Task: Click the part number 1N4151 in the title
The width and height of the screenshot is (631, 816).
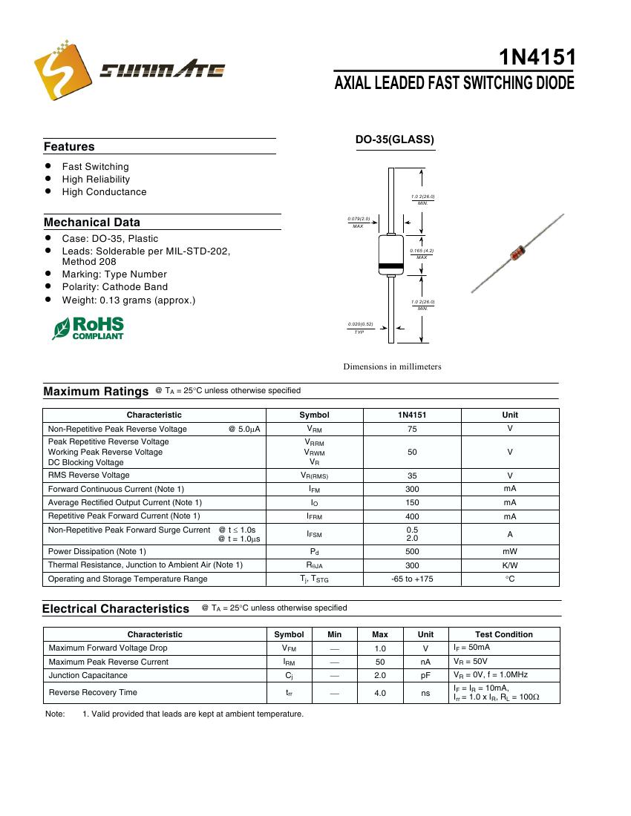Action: point(537,58)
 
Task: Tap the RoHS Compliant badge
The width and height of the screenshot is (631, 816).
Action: point(88,328)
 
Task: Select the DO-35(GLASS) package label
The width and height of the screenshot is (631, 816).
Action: point(394,139)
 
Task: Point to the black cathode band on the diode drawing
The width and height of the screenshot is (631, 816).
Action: point(390,265)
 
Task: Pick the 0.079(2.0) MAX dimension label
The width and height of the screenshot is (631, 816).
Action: point(359,222)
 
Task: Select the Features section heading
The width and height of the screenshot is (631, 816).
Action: point(69,147)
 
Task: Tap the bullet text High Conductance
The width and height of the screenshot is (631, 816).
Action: point(104,192)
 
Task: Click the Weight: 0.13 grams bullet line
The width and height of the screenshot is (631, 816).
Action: point(128,300)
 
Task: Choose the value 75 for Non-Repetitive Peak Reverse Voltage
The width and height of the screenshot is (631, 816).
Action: point(412,429)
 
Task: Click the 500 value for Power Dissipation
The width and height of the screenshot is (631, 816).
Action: point(412,551)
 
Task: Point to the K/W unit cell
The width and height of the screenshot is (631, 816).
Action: point(510,565)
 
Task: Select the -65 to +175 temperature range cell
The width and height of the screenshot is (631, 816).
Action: point(412,579)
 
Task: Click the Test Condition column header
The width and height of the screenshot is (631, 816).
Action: point(504,634)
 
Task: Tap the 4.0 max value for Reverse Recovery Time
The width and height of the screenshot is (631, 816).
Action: point(380,693)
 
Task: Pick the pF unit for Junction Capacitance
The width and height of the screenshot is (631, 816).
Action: point(425,676)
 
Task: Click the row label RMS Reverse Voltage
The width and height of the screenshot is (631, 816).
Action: point(89,476)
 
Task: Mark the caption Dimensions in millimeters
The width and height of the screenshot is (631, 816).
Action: point(392,366)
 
